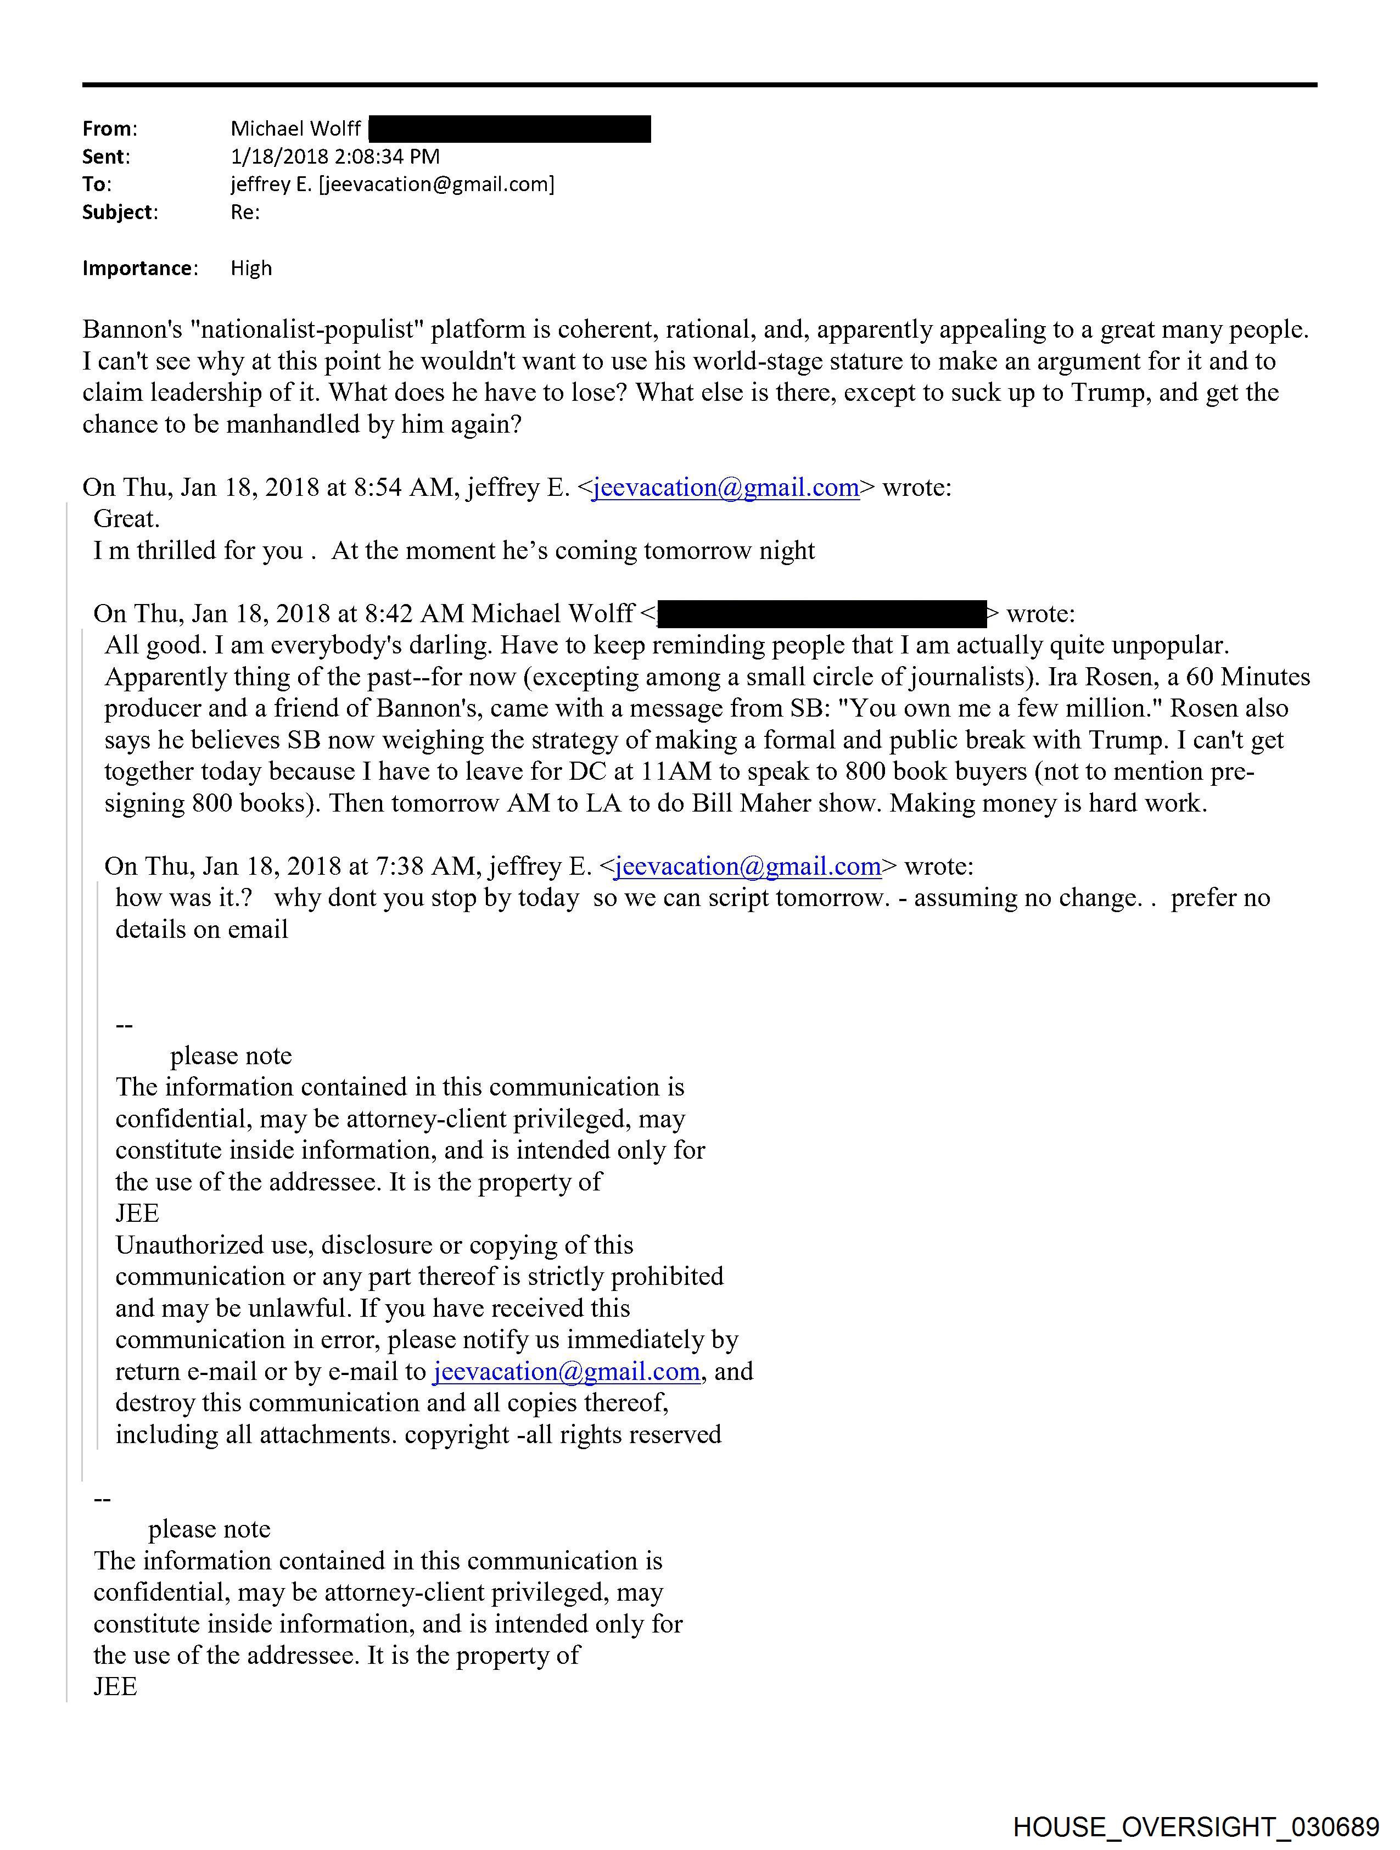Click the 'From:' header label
pyautogui.click(x=110, y=129)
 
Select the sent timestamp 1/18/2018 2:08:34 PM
pyautogui.click(x=334, y=157)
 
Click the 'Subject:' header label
pyautogui.click(x=120, y=213)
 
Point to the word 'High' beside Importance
pyautogui.click(x=251, y=269)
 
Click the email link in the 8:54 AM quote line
pyautogui.click(x=726, y=488)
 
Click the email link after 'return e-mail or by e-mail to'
pyautogui.click(x=566, y=1372)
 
